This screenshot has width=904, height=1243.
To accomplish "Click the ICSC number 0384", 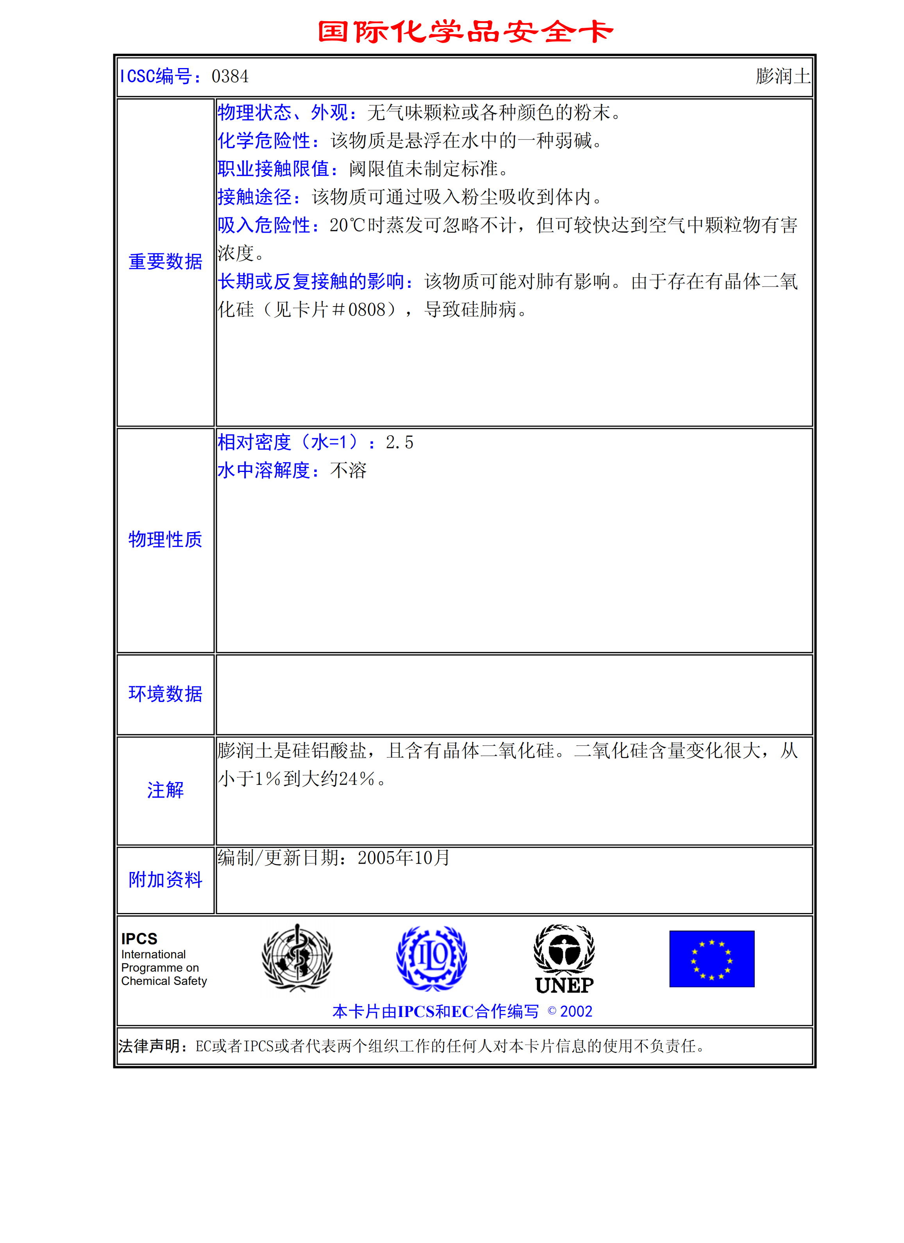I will click(x=229, y=76).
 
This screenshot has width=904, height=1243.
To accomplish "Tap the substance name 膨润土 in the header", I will click(x=783, y=76).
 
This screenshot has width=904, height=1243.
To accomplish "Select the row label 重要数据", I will click(x=165, y=262).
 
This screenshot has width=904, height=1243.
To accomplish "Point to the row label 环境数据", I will click(x=165, y=694).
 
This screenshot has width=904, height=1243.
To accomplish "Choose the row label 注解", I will click(x=165, y=790).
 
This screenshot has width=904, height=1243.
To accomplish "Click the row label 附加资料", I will click(x=165, y=880).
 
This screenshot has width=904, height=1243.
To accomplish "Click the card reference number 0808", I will click(x=367, y=310).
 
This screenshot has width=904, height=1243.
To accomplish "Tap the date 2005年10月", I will click(x=403, y=858).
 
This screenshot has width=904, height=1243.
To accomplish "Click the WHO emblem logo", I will click(x=297, y=958).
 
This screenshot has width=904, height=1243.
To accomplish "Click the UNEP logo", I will click(x=564, y=959).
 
